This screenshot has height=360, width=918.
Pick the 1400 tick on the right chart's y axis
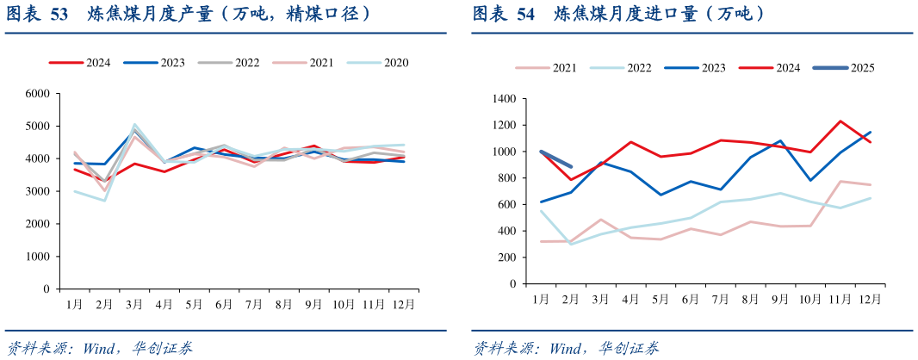click(503, 99)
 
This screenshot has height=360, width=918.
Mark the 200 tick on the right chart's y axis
click(506, 258)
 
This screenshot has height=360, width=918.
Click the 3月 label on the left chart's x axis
click(134, 304)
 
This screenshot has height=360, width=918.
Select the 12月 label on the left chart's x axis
click(402, 304)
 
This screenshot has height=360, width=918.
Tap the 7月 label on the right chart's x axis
click(720, 299)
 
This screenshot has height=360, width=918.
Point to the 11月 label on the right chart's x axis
click(840, 299)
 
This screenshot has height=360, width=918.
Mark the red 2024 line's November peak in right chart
click(840, 121)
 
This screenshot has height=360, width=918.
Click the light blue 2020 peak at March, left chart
click(134, 124)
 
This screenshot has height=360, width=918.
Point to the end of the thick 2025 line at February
click(571, 166)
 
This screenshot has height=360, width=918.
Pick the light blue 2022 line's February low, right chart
click(571, 244)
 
